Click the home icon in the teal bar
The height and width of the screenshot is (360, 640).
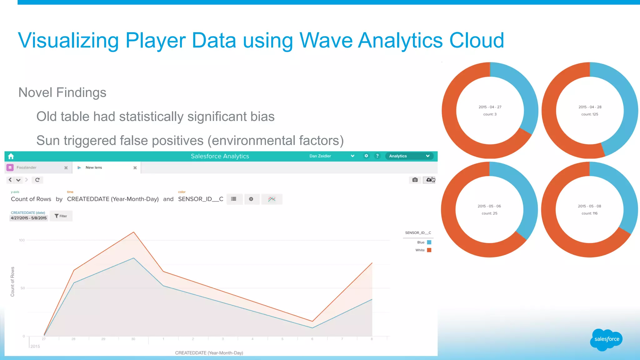[11, 156]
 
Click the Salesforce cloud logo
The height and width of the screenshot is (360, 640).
[606, 339]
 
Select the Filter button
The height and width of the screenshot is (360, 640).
[61, 216]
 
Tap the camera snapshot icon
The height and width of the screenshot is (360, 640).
[415, 180]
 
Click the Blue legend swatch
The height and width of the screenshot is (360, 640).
[429, 242]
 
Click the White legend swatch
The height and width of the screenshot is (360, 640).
[429, 250]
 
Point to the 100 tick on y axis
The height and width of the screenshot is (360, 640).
[22, 240]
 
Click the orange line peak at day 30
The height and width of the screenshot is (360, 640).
[134, 232]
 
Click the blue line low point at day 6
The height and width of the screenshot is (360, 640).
[312, 328]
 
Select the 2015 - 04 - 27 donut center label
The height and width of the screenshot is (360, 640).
[490, 107]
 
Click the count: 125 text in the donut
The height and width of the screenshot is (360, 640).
[589, 114]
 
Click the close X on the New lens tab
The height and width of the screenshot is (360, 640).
[135, 168]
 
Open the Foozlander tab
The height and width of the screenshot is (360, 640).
[27, 167]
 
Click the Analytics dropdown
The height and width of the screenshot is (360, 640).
[409, 156]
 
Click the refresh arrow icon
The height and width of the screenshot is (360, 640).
[37, 180]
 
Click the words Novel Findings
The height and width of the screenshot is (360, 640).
[62, 92]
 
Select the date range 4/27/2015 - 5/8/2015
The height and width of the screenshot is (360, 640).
[29, 218]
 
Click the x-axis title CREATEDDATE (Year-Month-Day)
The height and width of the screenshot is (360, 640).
[209, 353]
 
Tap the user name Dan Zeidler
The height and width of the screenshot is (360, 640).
[320, 156]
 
